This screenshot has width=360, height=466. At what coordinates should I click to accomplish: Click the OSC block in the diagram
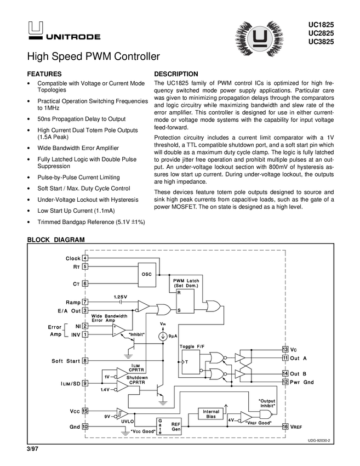click(x=146, y=274)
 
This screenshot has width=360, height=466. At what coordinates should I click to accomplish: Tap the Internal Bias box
click(x=211, y=414)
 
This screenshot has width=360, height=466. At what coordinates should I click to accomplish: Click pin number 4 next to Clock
click(x=85, y=258)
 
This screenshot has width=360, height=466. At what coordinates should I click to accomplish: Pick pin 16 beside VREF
click(x=285, y=427)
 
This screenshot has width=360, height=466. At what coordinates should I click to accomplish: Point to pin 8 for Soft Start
click(x=85, y=360)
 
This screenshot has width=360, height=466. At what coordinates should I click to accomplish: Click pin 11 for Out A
click(x=285, y=358)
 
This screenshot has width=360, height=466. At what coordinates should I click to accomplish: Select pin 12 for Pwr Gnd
click(x=285, y=382)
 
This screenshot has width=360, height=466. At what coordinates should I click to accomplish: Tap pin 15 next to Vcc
click(x=85, y=411)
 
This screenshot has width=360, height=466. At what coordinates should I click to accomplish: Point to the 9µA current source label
click(x=173, y=335)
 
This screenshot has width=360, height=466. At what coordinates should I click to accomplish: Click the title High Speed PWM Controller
click(x=94, y=56)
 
